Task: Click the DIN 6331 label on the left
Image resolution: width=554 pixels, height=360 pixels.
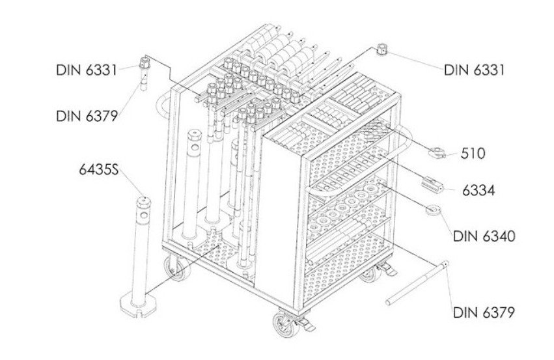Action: coord(87,70)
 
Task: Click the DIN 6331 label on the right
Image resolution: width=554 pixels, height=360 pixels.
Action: coord(474,70)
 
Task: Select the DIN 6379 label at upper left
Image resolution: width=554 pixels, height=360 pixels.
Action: coord(87,116)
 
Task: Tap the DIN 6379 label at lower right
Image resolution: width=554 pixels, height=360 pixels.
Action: coord(484,312)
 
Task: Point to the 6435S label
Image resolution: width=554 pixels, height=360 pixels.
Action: coord(98,169)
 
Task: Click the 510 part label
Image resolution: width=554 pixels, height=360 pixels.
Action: coord(473,154)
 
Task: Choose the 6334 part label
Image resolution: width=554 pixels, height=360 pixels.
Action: coord(478,191)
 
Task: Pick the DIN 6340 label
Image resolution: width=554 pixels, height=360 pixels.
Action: coord(484,236)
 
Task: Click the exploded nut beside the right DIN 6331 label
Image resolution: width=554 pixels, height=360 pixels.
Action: coord(382,49)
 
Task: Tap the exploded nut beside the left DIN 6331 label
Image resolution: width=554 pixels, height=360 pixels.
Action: coord(145,63)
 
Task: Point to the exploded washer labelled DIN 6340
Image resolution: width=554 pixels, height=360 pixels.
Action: coord(433,210)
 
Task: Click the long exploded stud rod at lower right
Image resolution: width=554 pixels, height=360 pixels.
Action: coord(417,283)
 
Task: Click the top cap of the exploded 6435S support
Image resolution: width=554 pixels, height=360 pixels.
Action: coord(144,202)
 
